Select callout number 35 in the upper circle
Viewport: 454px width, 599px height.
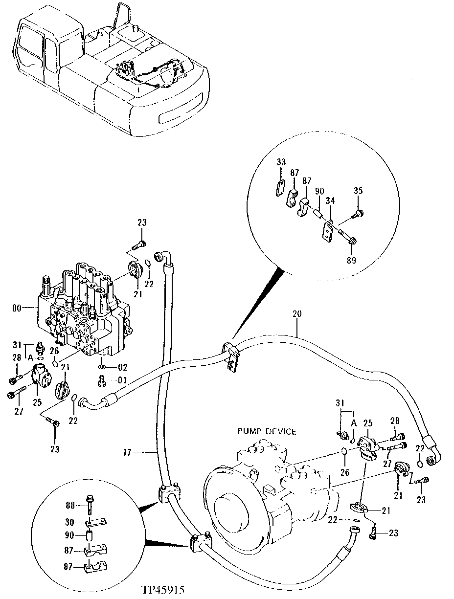pos(358,191)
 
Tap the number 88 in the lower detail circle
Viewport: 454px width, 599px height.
pos(70,504)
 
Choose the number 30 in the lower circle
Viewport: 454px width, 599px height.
pos(70,521)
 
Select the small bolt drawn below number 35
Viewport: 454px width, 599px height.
pos(357,213)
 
